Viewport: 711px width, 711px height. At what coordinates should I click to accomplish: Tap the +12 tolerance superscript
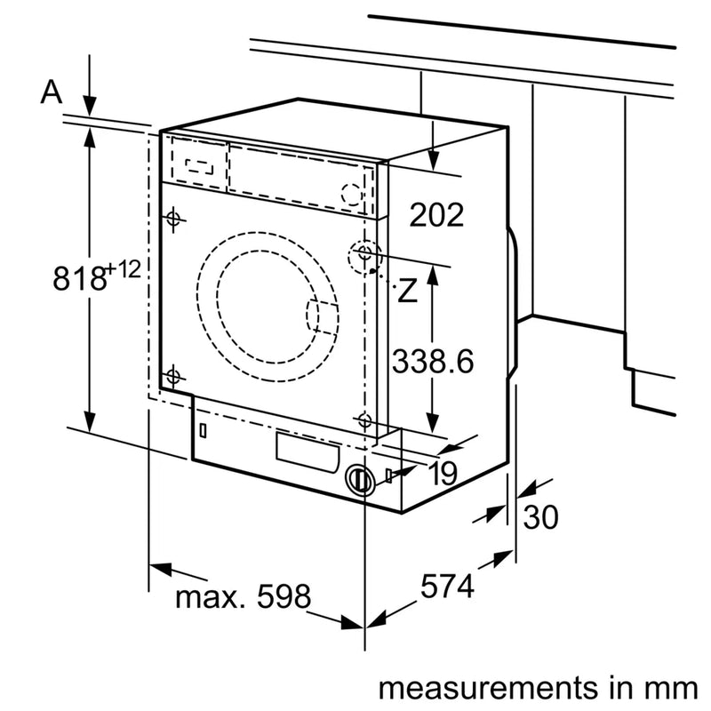[125, 268]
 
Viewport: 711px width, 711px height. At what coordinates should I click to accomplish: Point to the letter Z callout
[407, 291]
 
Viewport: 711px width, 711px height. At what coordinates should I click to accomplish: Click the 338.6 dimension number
[435, 362]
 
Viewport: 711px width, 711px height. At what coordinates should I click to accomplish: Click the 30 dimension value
[540, 517]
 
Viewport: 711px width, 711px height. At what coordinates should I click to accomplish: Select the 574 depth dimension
[448, 586]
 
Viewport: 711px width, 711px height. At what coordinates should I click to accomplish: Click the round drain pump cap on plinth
[359, 480]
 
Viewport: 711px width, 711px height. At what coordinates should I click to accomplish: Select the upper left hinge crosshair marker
[172, 218]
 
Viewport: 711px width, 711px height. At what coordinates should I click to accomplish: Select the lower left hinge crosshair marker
[172, 376]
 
